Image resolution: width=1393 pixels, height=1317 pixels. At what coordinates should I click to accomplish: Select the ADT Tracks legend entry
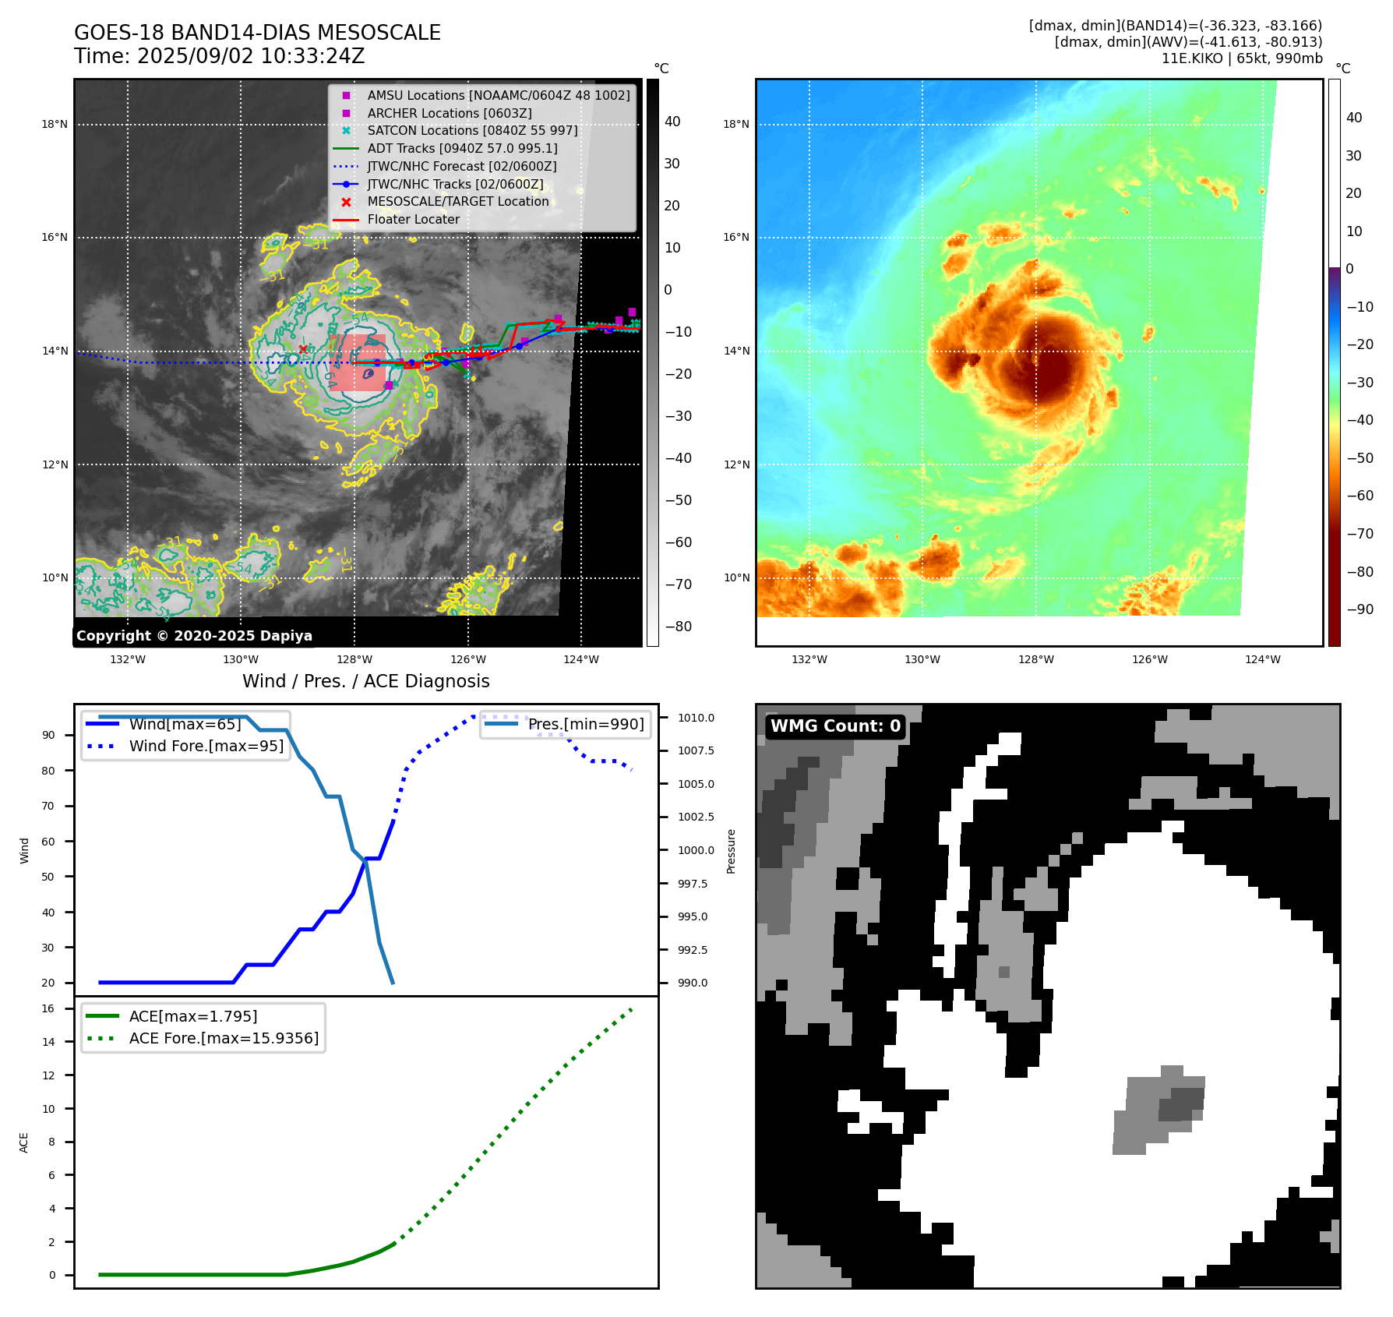[462, 148]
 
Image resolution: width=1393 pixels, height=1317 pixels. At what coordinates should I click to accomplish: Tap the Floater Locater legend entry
[413, 220]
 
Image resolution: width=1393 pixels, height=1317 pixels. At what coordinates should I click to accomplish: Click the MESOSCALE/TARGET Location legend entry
[457, 202]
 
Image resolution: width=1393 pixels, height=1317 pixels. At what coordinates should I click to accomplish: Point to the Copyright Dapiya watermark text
[194, 636]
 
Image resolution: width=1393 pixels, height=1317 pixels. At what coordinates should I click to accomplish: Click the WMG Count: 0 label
[835, 726]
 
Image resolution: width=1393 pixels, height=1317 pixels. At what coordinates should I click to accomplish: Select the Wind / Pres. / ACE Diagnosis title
[365, 681]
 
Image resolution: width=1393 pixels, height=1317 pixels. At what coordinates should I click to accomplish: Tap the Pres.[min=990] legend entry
[586, 724]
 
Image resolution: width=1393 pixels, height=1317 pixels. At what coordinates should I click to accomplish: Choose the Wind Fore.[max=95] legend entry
[206, 746]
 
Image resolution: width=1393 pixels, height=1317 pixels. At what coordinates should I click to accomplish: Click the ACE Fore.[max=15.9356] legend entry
[224, 1038]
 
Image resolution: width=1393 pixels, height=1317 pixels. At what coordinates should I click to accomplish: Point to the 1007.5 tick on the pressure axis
[695, 750]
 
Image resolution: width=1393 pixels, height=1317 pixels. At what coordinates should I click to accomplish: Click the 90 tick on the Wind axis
[48, 735]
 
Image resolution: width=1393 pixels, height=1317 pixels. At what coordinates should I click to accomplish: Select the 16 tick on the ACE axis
[48, 1008]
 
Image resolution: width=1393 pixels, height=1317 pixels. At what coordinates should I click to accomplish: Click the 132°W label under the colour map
[809, 659]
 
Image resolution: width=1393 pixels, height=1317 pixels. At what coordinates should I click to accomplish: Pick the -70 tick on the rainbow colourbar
[1359, 534]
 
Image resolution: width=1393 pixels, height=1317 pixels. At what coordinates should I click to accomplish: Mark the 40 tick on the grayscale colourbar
[672, 122]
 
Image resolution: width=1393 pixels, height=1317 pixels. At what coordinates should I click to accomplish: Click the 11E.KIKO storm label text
[1192, 58]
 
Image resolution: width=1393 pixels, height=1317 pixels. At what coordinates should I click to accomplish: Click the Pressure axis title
[731, 851]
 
